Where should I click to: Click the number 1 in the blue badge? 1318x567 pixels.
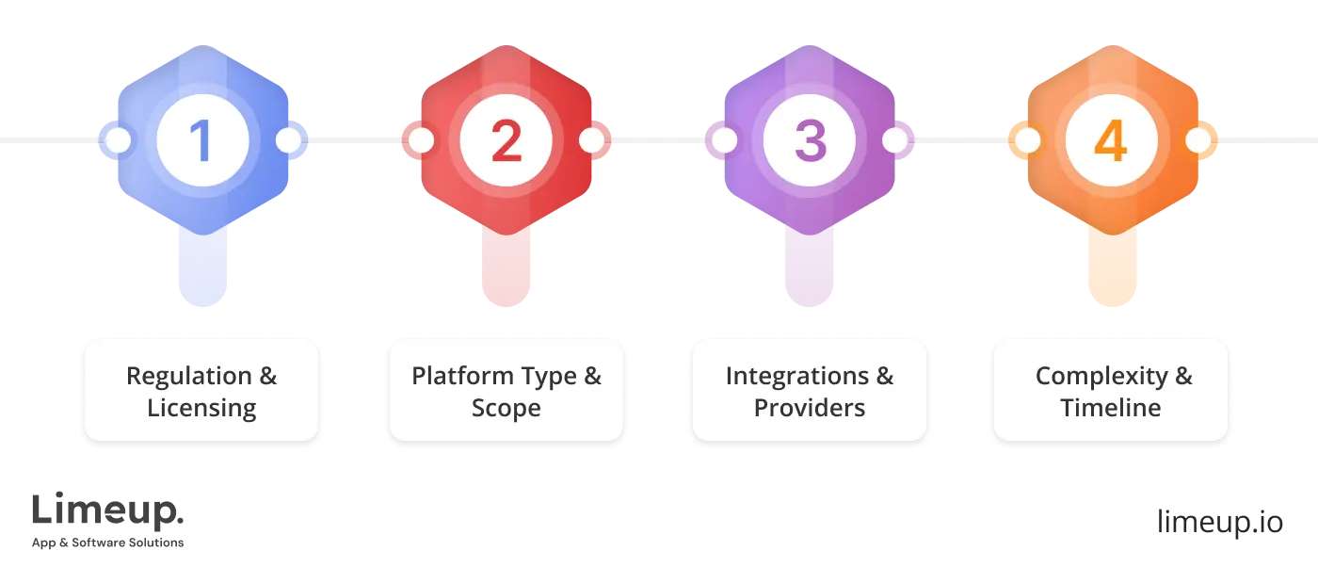pyautogui.click(x=202, y=141)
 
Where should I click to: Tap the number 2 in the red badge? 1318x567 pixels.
pyautogui.click(x=506, y=141)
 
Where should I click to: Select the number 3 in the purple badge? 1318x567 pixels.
pyautogui.click(x=809, y=141)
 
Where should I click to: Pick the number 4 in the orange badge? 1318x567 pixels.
pyautogui.click(x=1111, y=141)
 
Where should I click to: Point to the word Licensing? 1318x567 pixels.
pyautogui.click(x=201, y=409)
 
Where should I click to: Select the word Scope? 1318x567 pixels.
pyautogui.click(x=506, y=409)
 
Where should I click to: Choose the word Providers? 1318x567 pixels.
pyautogui.click(x=810, y=409)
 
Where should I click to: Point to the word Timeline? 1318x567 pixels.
pyautogui.click(x=1111, y=409)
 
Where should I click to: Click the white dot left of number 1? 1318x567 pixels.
pyautogui.click(x=118, y=141)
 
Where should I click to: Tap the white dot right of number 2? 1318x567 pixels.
pyautogui.click(x=591, y=141)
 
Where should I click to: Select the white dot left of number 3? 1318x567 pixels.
pyautogui.click(x=723, y=141)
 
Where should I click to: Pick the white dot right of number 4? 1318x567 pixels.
pyautogui.click(x=1197, y=141)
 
